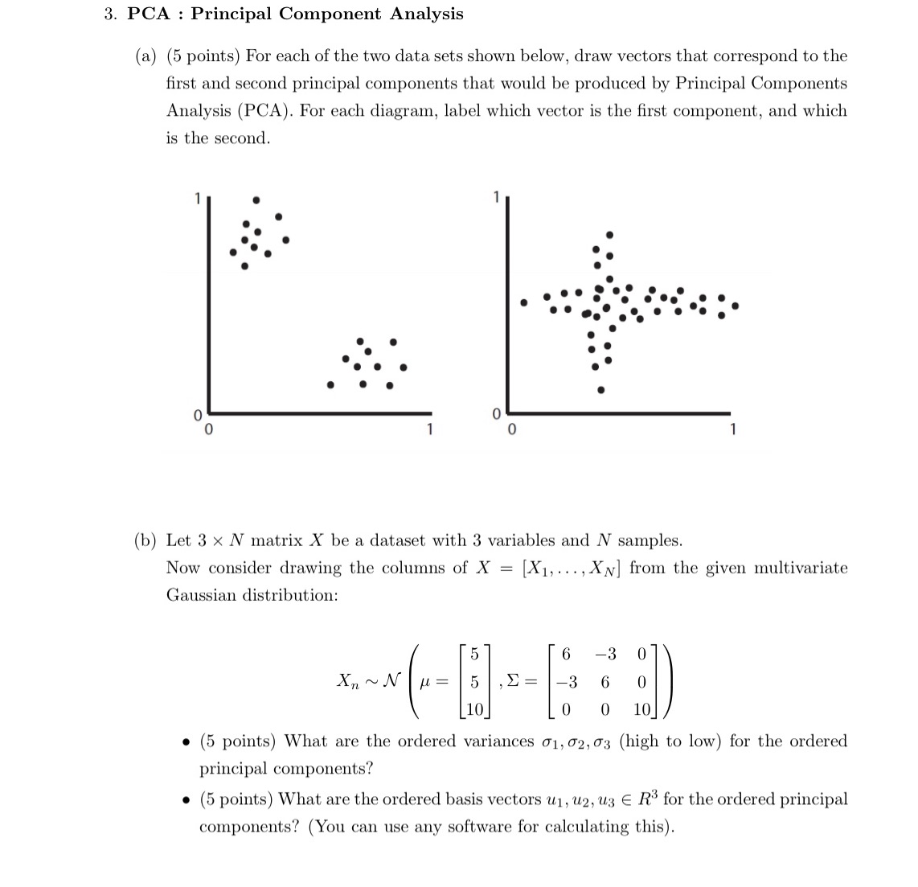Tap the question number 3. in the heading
click(110, 14)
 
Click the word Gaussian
click(201, 595)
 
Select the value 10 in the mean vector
click(474, 710)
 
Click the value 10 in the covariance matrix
click(641, 710)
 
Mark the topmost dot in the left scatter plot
click(256, 199)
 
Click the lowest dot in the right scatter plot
click(600, 391)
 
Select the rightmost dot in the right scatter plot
click(735, 306)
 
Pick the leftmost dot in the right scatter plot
click(523, 303)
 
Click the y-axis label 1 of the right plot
click(496, 196)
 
